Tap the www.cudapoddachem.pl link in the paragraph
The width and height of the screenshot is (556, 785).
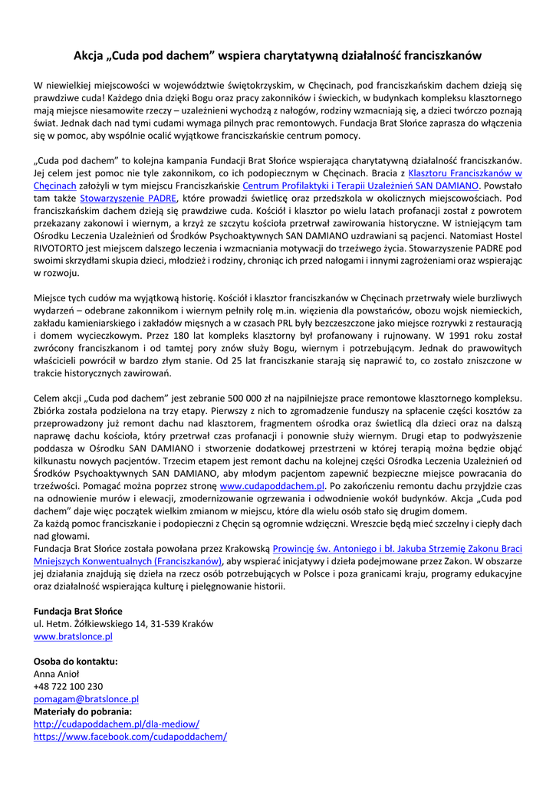point(272,486)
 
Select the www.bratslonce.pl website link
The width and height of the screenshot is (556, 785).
point(73,636)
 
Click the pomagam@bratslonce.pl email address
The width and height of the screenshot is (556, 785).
point(86,699)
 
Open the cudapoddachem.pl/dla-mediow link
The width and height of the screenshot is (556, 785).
point(117,724)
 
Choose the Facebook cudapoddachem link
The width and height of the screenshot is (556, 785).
point(130,737)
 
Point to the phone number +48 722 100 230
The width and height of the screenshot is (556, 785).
point(68,687)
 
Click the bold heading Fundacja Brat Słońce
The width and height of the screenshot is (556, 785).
point(77,611)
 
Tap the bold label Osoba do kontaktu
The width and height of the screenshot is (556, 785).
point(75,662)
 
